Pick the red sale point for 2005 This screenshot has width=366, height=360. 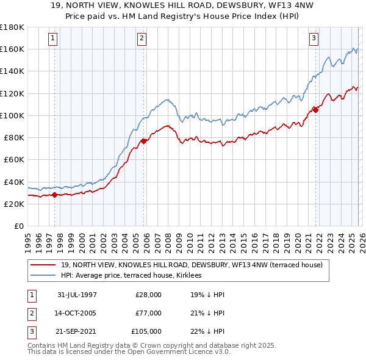[x=143, y=141]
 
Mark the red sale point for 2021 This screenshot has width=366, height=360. [x=316, y=110]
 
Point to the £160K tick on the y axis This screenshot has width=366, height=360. [x=12, y=49]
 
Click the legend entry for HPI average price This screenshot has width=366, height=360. [x=134, y=276]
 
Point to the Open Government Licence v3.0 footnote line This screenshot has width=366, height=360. [x=128, y=353]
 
